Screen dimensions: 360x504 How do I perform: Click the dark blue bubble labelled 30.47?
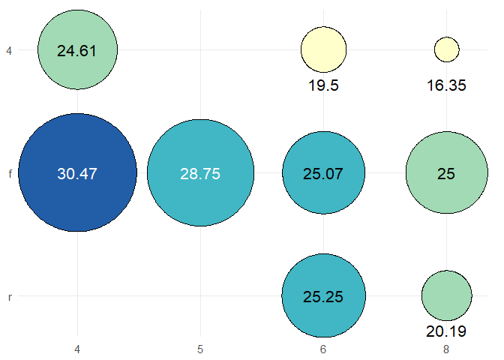click(x=77, y=173)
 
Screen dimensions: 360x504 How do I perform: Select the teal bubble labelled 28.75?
click(x=200, y=173)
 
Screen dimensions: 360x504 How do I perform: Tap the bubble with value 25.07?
click(x=323, y=173)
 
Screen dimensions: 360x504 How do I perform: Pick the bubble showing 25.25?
click(x=323, y=296)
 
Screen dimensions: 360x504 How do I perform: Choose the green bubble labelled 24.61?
click(x=77, y=50)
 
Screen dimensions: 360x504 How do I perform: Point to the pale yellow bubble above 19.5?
click(x=323, y=50)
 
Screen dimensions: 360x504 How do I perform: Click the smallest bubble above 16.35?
click(x=446, y=50)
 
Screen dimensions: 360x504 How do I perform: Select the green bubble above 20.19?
click(x=446, y=296)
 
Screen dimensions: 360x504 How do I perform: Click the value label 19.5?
click(x=323, y=85)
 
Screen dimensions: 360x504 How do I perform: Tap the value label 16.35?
click(x=446, y=85)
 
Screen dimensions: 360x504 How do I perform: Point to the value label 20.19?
click(x=446, y=331)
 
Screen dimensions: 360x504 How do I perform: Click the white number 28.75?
click(x=200, y=173)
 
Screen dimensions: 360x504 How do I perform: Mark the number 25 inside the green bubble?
click(x=446, y=173)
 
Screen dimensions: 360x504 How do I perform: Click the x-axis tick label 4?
click(x=77, y=349)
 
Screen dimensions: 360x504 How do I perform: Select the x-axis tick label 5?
click(x=200, y=349)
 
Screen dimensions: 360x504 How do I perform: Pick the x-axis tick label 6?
click(x=323, y=349)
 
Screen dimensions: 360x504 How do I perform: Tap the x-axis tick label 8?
click(x=446, y=349)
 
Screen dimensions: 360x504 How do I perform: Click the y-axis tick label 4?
click(x=9, y=50)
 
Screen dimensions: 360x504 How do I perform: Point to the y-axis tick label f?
click(x=9, y=173)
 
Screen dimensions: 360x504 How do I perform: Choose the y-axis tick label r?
click(x=9, y=297)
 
